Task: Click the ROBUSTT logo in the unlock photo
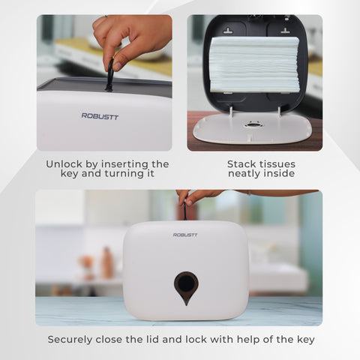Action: tap(100, 116)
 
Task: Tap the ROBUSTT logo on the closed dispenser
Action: tap(185, 235)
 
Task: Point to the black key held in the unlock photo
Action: tap(110, 74)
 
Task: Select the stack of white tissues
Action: tap(254, 64)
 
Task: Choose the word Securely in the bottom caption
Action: tap(70, 340)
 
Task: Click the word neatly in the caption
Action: tap(244, 174)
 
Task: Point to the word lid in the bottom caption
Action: tap(151, 340)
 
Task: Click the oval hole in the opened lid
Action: tap(253, 124)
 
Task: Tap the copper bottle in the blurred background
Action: tap(106, 262)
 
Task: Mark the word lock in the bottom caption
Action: tap(196, 340)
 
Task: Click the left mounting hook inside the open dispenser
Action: tap(228, 31)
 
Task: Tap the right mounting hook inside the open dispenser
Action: tap(285, 31)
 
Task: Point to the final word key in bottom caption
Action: tap(306, 340)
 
